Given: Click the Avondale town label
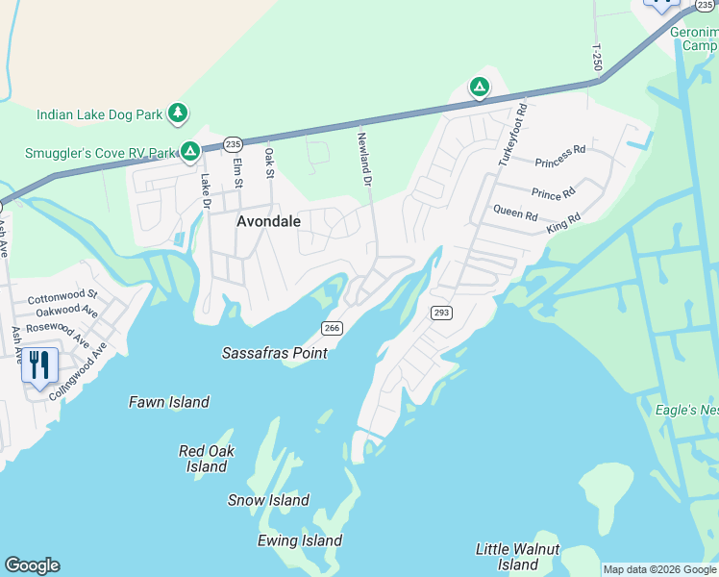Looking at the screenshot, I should tap(268, 221).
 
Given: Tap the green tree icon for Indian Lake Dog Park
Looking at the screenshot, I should tap(177, 113).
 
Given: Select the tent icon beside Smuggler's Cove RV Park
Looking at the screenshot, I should tap(191, 151).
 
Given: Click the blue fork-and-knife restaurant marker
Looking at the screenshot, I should tap(39, 365).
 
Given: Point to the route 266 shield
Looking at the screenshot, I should tap(332, 328).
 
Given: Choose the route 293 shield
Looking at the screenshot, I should tap(441, 313).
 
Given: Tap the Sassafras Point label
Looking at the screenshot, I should tap(275, 353).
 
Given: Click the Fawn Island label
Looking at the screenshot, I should tap(169, 402).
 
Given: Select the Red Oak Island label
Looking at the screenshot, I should tap(206, 459).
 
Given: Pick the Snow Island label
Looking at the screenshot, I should tap(268, 500).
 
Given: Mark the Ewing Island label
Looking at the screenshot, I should tap(300, 540).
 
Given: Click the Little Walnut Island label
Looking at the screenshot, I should tap(518, 556).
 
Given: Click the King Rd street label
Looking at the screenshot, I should tap(563, 223).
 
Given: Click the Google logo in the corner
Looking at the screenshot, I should tap(32, 565).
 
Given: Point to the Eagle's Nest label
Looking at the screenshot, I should tap(686, 410).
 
